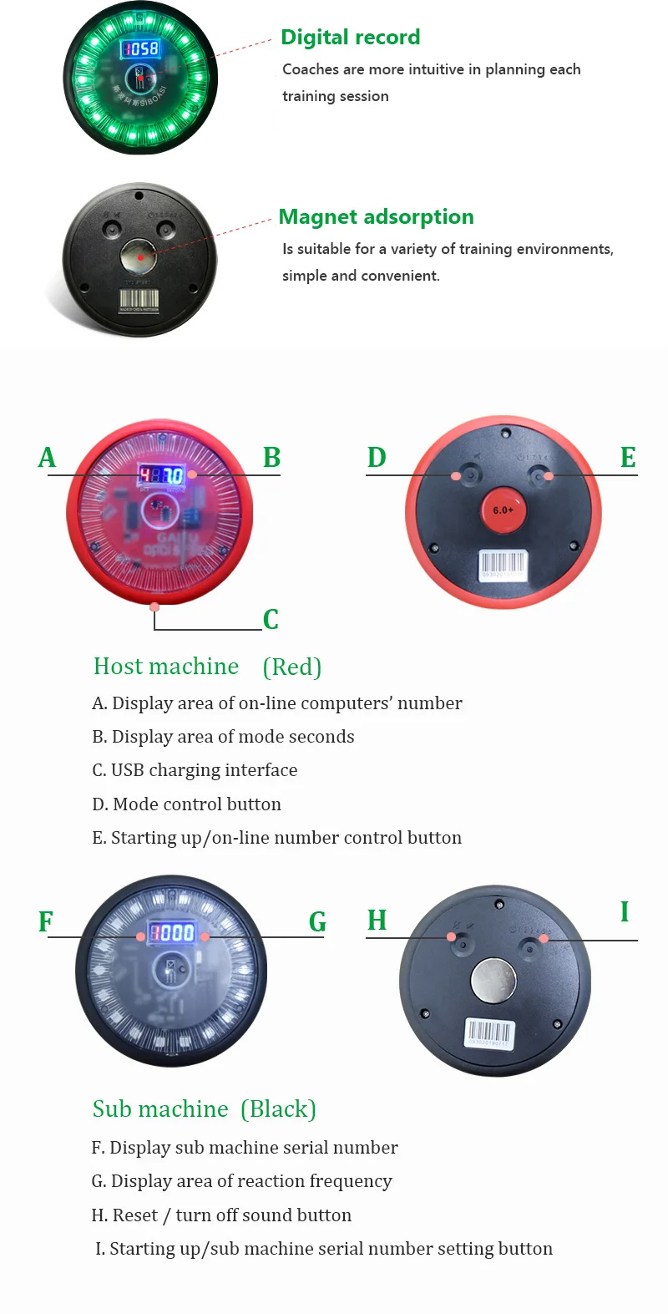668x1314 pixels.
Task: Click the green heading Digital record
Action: point(350,38)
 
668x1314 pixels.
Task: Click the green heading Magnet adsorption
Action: point(376,217)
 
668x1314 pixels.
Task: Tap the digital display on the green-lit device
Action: point(140,48)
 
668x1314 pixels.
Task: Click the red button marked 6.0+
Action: point(503,510)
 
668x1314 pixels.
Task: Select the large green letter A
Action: point(47,458)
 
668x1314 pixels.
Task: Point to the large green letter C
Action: point(271,620)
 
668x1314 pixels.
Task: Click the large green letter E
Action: point(628,458)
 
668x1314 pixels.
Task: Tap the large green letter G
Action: point(317,922)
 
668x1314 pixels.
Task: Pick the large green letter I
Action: point(624,912)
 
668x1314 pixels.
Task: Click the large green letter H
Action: point(377,921)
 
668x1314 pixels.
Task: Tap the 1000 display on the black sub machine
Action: point(171,932)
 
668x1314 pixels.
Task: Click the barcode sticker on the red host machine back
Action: point(503,565)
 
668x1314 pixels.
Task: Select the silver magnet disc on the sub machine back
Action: point(493,980)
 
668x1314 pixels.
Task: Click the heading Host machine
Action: point(166,667)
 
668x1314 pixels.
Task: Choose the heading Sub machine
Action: point(160,1109)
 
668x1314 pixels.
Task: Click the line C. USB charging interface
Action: point(195,770)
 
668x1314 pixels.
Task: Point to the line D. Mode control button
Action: point(186,804)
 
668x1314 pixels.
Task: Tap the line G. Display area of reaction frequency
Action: point(241,1181)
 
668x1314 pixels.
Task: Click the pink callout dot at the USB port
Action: point(154,606)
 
